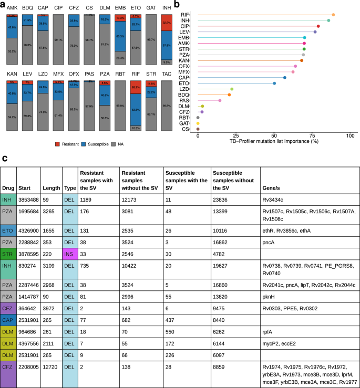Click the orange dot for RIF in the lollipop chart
tap(333, 15)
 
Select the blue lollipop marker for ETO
tap(274, 83)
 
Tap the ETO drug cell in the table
tap(8, 230)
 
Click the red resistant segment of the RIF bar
tap(136, 89)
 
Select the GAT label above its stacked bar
tap(151, 9)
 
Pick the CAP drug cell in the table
tap(8, 320)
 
